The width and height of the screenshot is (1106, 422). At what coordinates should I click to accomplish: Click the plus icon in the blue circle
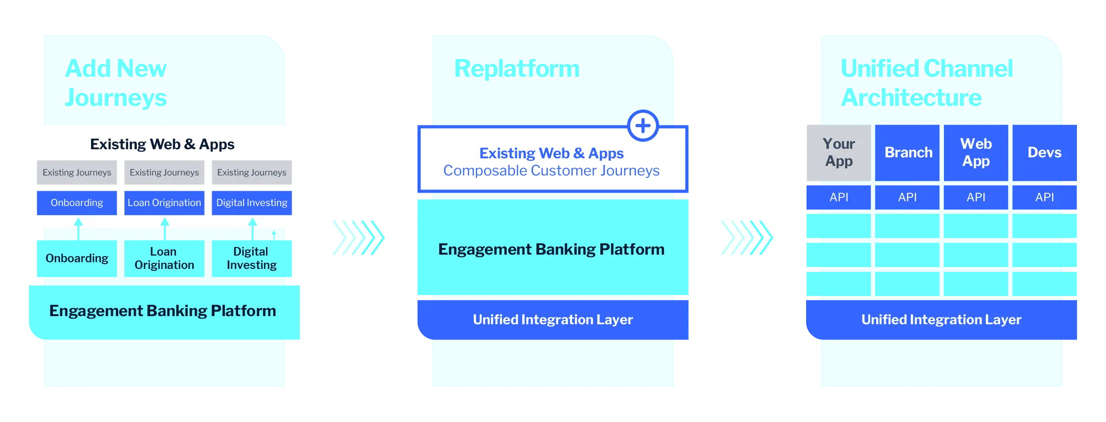[643, 126]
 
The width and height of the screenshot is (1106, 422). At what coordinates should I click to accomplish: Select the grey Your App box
[839, 153]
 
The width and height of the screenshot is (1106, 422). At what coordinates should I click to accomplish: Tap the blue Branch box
[908, 153]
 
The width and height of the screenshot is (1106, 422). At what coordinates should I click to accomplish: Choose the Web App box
[976, 153]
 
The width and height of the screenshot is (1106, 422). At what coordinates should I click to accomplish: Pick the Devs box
[1044, 153]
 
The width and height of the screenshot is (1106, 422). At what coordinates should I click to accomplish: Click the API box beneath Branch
[908, 197]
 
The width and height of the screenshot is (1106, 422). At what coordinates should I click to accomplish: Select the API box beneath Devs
[1044, 197]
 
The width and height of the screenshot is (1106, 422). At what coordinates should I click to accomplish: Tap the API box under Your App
[839, 197]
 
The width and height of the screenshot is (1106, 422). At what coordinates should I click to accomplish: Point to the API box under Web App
[976, 197]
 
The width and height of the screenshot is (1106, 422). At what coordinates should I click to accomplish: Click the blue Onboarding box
[77, 203]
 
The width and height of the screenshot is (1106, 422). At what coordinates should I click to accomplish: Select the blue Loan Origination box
[164, 203]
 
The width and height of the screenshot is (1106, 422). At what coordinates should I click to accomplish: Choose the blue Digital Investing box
[252, 203]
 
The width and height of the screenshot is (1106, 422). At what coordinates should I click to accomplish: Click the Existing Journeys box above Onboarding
[77, 173]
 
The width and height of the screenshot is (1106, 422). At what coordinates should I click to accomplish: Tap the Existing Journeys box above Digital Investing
[252, 173]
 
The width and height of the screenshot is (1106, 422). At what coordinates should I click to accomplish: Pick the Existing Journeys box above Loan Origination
[164, 173]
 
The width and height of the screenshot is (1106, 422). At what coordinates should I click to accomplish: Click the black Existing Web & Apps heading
[162, 144]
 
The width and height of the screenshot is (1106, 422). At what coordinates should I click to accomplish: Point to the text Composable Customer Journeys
[552, 171]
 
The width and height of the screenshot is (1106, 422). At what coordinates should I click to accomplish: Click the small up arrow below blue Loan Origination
[165, 222]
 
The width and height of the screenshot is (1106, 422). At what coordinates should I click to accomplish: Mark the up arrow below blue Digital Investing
[253, 222]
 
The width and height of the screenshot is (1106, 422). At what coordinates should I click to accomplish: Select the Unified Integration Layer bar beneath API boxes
[942, 319]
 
